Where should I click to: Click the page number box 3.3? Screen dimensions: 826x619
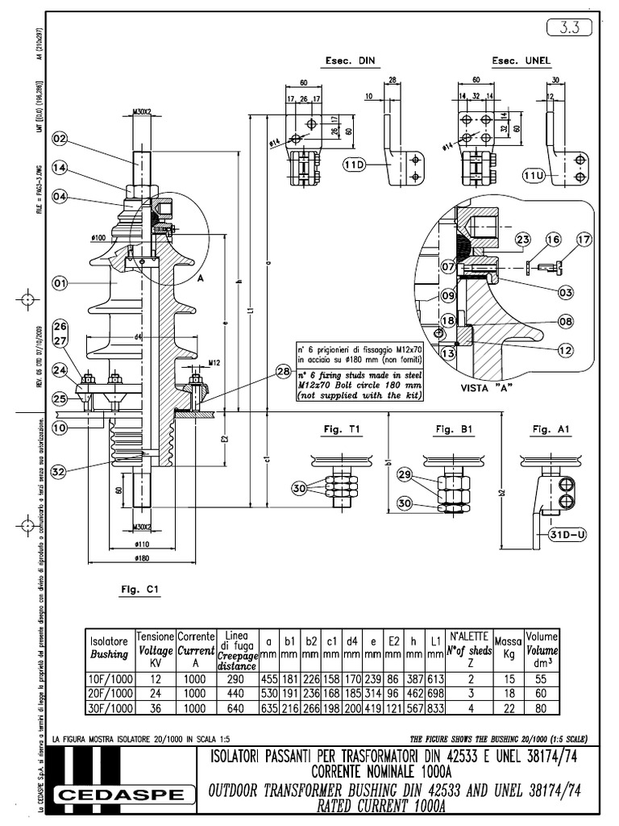(574, 28)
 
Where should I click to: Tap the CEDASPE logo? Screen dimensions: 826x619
(120, 796)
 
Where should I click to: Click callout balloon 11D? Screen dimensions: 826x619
(355, 165)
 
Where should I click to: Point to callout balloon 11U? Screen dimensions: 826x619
(534, 174)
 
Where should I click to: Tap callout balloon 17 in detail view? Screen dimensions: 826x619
(584, 239)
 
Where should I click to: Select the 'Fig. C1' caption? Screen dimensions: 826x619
(141, 590)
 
